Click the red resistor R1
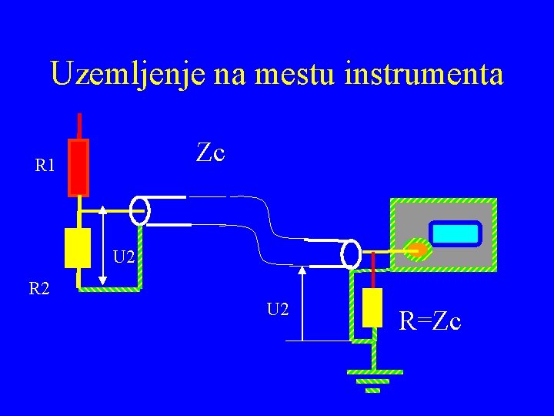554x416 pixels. (x=78, y=166)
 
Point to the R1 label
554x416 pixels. (x=45, y=164)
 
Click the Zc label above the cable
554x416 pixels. (x=210, y=153)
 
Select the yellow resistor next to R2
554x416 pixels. (x=78, y=247)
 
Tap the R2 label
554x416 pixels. (x=39, y=289)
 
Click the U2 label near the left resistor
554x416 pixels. (x=125, y=255)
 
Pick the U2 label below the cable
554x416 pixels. (x=278, y=309)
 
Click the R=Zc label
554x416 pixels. (x=431, y=320)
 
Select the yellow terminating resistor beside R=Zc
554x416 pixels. (x=372, y=308)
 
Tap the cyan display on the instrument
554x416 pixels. (x=456, y=233)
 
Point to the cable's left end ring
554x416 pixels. (x=140, y=210)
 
